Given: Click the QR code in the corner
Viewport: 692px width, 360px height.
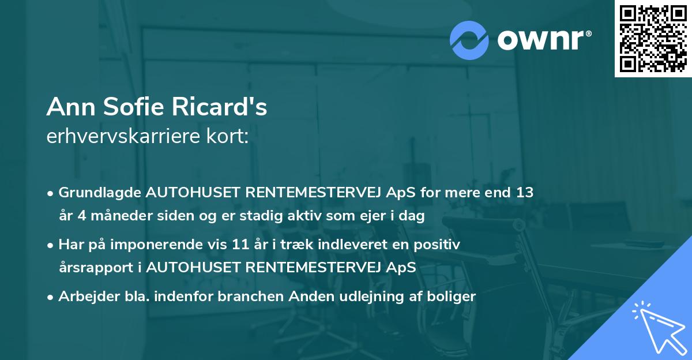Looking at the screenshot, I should point(653,39).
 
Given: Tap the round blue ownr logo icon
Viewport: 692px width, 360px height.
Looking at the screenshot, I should point(469,40).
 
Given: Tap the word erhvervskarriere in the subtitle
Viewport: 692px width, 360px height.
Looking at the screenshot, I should point(123,137).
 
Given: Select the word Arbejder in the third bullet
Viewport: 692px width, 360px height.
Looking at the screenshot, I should point(84,297).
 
